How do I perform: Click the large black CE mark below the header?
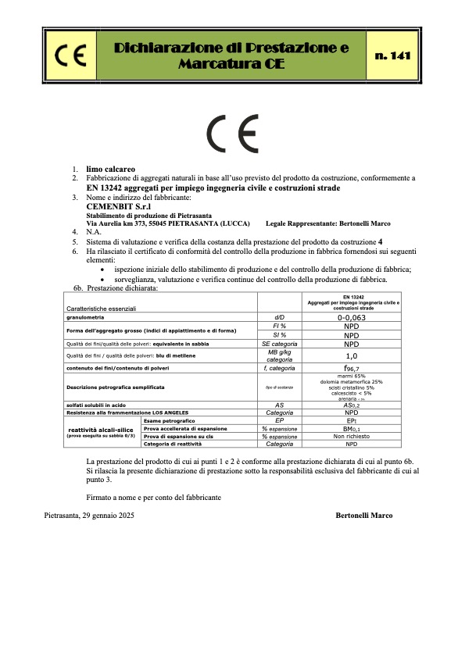pyautogui.click(x=232, y=135)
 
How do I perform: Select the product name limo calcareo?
pyautogui.click(x=111, y=168)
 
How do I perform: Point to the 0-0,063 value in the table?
pyautogui.click(x=352, y=317)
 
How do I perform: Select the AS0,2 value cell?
pyautogui.click(x=352, y=405)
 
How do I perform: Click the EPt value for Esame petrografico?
pyautogui.click(x=352, y=420)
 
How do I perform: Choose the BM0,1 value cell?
pyautogui.click(x=352, y=428)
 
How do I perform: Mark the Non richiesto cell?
pyautogui.click(x=352, y=436)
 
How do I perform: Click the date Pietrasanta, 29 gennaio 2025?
pyautogui.click(x=91, y=516)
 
